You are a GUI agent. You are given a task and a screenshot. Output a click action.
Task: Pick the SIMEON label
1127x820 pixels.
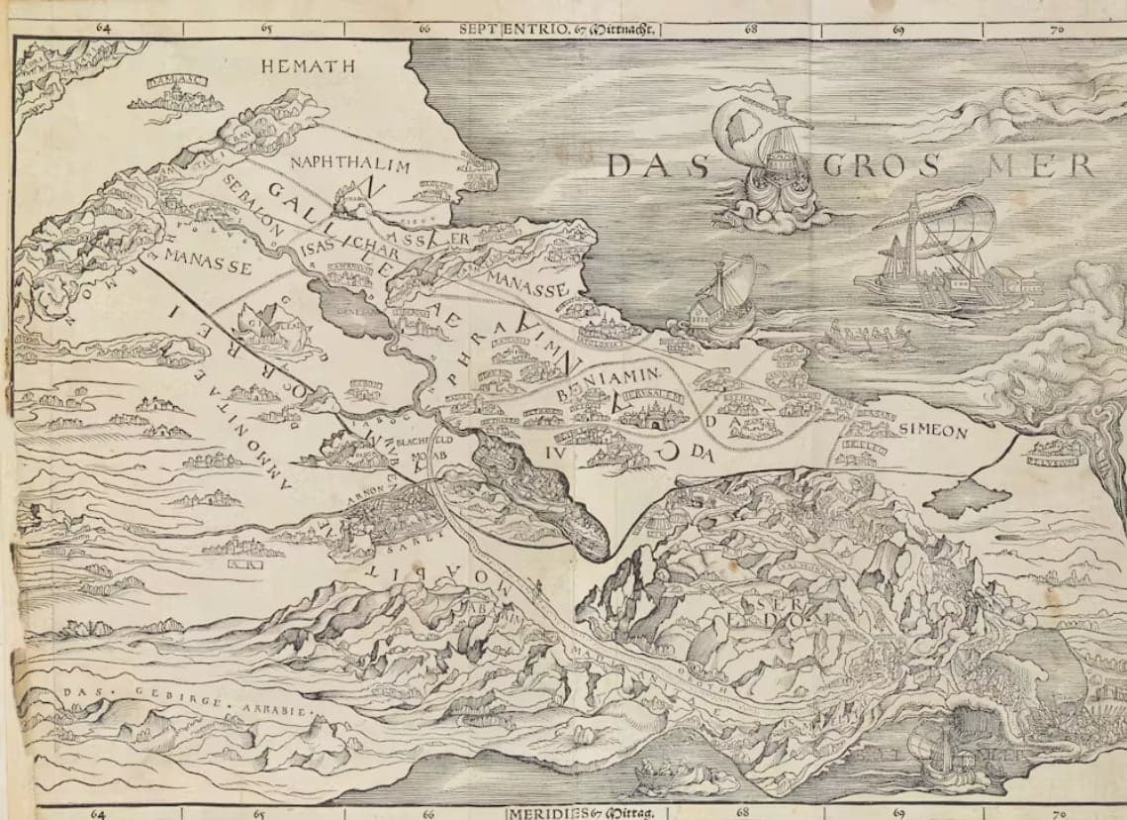933,432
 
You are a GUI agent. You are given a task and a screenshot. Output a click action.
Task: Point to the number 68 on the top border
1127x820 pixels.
751,29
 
